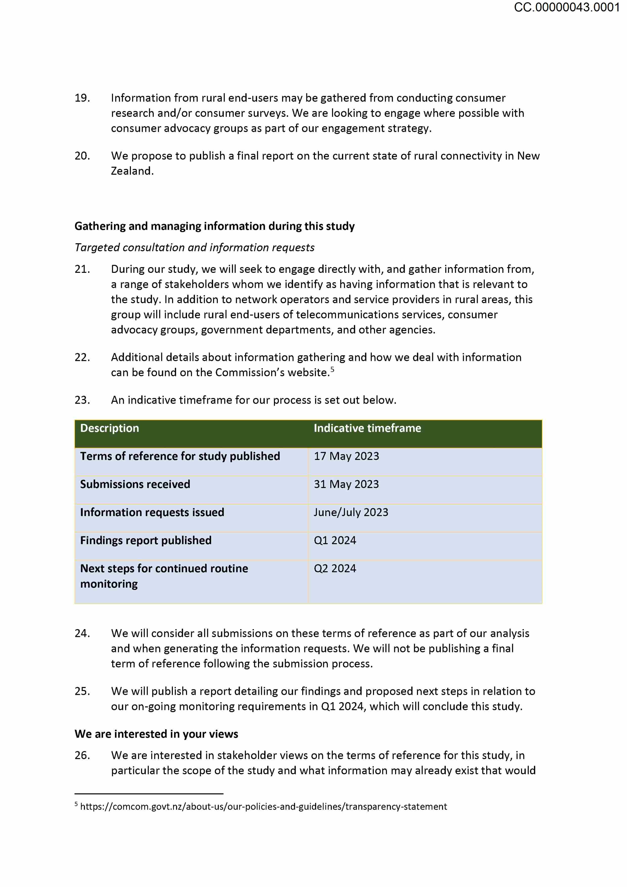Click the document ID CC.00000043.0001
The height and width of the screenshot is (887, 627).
click(566, 7)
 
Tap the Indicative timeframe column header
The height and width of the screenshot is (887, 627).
click(367, 428)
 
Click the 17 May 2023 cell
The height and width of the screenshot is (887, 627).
click(346, 456)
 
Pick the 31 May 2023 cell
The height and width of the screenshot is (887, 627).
click(346, 484)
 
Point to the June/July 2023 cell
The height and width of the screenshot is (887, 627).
click(351, 512)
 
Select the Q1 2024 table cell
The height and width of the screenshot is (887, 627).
click(335, 540)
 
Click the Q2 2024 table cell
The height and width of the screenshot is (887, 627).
click(335, 569)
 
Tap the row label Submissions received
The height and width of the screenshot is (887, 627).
click(135, 484)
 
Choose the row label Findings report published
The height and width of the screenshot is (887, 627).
click(146, 540)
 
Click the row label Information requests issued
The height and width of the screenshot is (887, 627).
click(152, 512)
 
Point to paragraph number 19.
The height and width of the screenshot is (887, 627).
click(82, 98)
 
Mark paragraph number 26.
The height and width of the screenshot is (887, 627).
click(82, 755)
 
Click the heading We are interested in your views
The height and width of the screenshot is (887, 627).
click(156, 734)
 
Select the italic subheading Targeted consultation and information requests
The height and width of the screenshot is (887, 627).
click(195, 248)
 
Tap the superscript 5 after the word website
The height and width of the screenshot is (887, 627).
click(332, 370)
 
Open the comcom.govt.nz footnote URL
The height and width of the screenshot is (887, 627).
click(263, 807)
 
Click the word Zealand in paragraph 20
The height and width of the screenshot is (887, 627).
click(132, 171)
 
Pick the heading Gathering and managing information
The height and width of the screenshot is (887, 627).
click(214, 226)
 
